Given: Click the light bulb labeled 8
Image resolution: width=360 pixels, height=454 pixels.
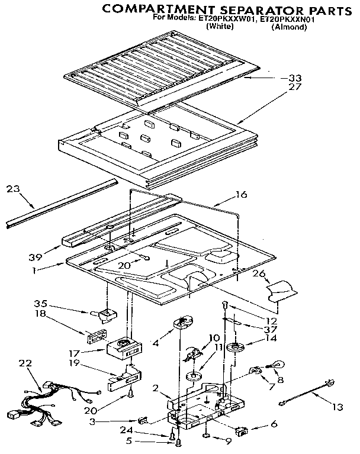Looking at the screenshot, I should (x=275, y=366).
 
